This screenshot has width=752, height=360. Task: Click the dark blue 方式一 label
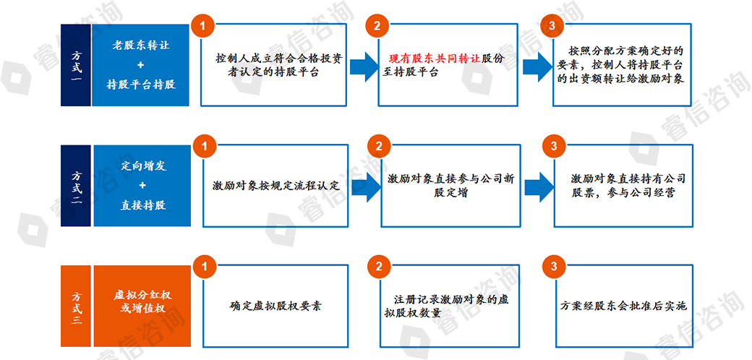pos(76,65)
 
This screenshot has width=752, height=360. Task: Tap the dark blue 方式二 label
pos(76,186)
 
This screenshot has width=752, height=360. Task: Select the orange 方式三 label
pos(76,306)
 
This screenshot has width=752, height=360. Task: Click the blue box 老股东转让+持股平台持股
pos(141,65)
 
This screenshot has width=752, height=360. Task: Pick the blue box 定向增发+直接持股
pos(141,186)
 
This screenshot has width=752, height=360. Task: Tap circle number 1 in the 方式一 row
pos(203,25)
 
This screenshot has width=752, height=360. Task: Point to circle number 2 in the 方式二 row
pos(377,145)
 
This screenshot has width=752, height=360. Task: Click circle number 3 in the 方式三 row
pos(553,267)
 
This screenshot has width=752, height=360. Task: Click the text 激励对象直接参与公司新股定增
pos(450,186)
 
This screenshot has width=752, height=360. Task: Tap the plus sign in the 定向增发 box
pos(142,186)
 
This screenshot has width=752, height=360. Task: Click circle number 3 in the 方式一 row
pos(553,25)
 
